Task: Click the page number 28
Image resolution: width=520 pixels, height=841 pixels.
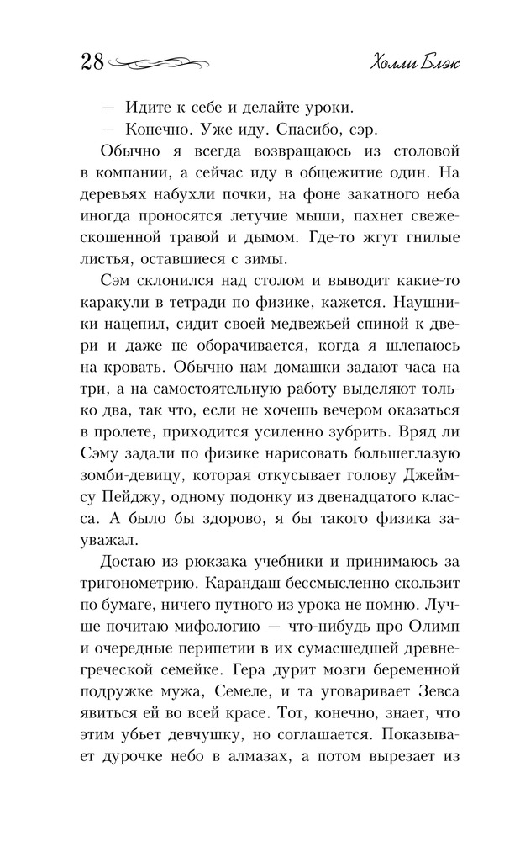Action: (92, 62)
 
